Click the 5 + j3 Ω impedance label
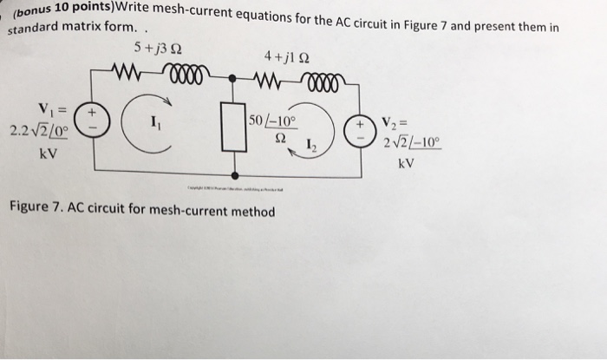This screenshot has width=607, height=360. pyautogui.click(x=160, y=47)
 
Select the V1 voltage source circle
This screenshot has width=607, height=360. pyautogui.click(x=94, y=118)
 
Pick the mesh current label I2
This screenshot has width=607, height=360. pyautogui.click(x=310, y=145)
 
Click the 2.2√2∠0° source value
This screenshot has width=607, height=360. pyautogui.click(x=38, y=131)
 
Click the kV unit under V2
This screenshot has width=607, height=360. pyautogui.click(x=405, y=163)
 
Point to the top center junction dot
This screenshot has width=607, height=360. pyautogui.click(x=232, y=78)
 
